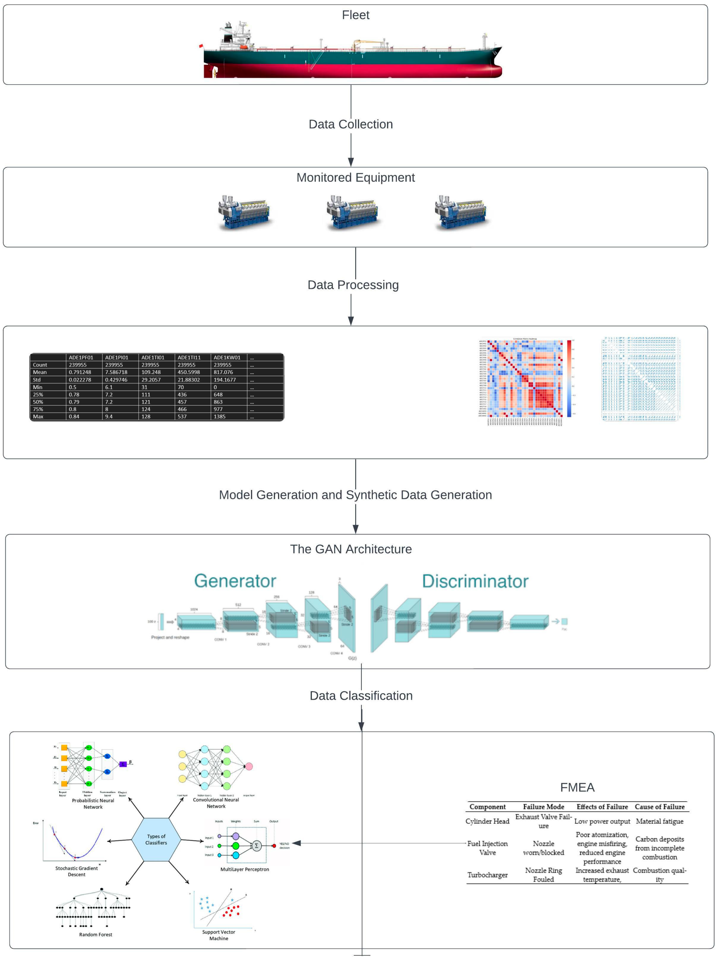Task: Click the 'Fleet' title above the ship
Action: [x=355, y=15]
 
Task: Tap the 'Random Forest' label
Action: [x=96, y=934]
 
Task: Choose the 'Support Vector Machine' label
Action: [x=219, y=935]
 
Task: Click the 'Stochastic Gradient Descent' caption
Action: [x=76, y=871]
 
